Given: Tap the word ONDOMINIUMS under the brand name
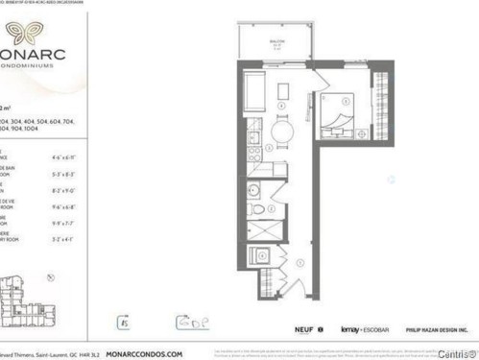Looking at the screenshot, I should coord(36,68).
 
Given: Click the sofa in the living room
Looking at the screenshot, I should coord(254,94).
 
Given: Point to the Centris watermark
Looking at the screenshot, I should coord(454,352).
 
